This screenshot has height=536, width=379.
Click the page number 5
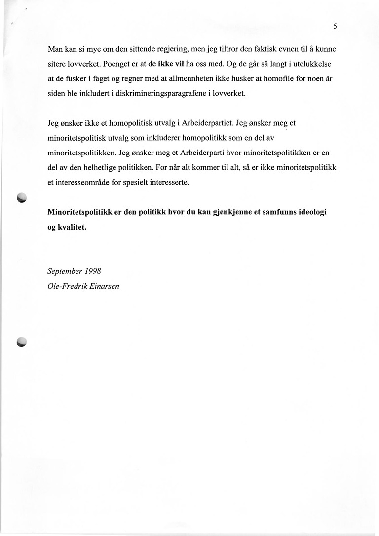[335, 27]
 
